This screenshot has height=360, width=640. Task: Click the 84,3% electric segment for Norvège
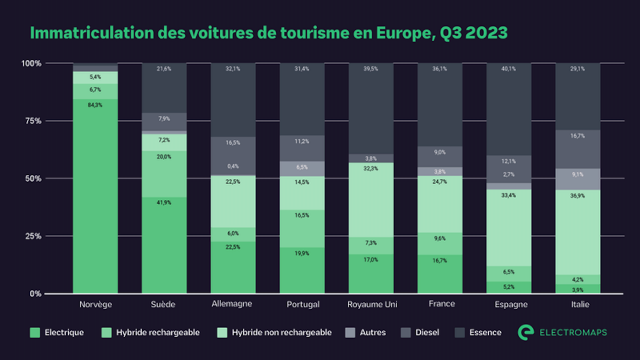(x=95, y=195)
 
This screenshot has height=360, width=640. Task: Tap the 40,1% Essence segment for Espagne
(x=508, y=109)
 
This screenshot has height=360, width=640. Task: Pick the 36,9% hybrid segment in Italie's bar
(x=578, y=232)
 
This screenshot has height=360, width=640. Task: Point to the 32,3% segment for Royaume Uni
(x=371, y=200)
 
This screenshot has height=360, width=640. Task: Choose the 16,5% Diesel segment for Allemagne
(x=233, y=155)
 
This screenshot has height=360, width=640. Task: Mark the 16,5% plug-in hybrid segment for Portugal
(x=302, y=229)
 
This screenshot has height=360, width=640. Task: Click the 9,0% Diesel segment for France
(x=440, y=157)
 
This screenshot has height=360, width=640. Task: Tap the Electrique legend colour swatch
(x=35, y=333)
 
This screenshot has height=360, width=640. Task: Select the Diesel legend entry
(x=427, y=333)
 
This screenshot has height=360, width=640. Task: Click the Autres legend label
(x=373, y=333)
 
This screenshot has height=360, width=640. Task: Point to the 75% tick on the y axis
(x=33, y=121)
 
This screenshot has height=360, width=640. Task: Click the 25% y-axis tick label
(x=33, y=236)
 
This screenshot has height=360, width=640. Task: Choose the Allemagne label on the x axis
(x=232, y=304)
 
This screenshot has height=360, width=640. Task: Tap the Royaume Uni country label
(x=372, y=304)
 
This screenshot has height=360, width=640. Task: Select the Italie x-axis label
(x=580, y=304)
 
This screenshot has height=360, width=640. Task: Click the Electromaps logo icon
(x=526, y=332)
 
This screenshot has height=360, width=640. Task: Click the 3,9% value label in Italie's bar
(x=578, y=290)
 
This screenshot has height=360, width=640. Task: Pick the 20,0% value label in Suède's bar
(x=164, y=157)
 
